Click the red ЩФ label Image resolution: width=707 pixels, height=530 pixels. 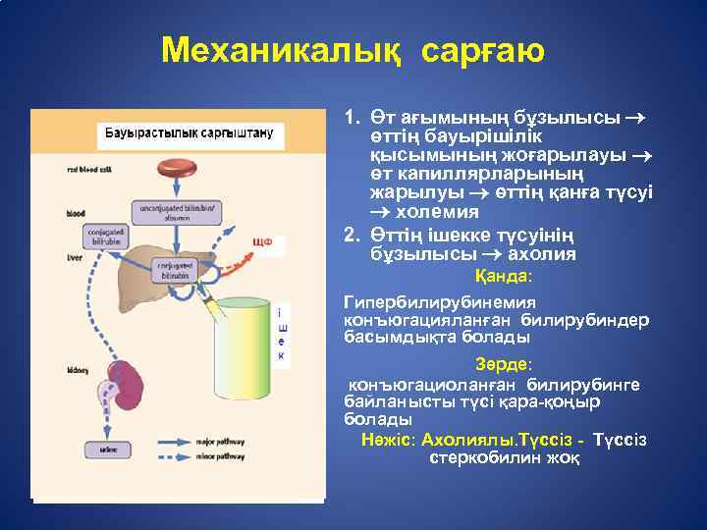click(262, 242)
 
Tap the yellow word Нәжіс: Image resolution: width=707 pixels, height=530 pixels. click(386, 439)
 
